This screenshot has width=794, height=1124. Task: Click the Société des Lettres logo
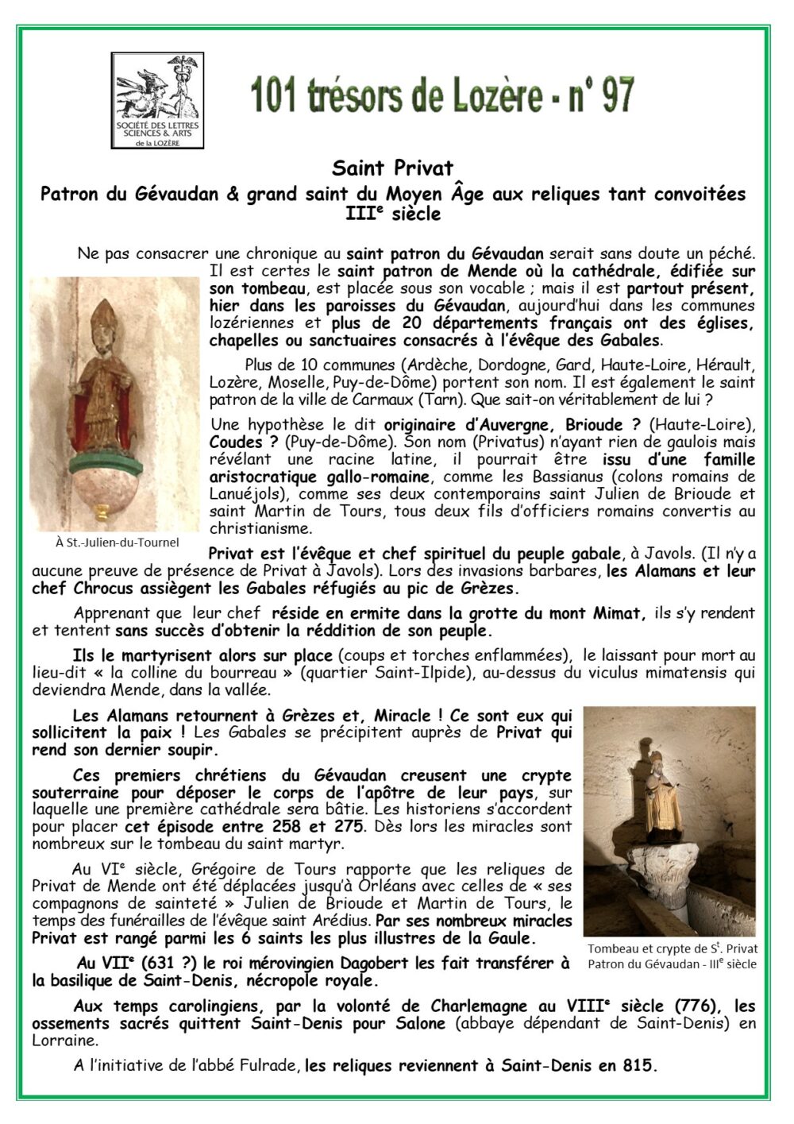pyautogui.click(x=157, y=98)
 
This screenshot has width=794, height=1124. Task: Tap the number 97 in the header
pyautogui.click(x=612, y=96)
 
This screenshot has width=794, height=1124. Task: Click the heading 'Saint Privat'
pyautogui.click(x=392, y=168)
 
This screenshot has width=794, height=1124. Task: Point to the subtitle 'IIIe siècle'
pyautogui.click(x=392, y=213)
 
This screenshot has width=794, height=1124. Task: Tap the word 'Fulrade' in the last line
pyautogui.click(x=271, y=1065)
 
